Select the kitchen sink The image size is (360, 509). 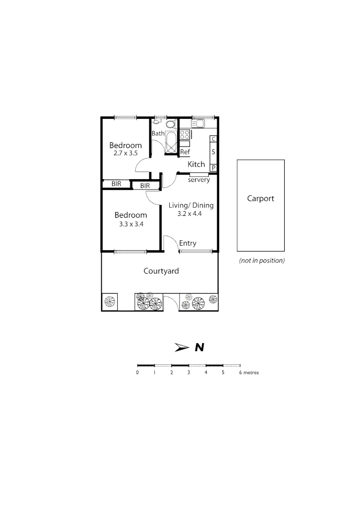point(199,124)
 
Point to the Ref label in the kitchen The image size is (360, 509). point(185,152)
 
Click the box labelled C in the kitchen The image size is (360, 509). point(213,139)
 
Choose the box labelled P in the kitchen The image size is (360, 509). point(213,168)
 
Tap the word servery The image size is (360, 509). point(199,180)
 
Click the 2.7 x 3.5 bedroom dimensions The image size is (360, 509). point(125,153)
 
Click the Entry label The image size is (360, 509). point(188,243)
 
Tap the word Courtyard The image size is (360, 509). point(161,271)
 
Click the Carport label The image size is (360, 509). point(261,198)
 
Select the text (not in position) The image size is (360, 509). point(262,260)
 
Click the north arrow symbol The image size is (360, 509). point(182,348)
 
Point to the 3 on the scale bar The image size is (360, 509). point(188,372)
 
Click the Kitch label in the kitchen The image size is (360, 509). point(196,164)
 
